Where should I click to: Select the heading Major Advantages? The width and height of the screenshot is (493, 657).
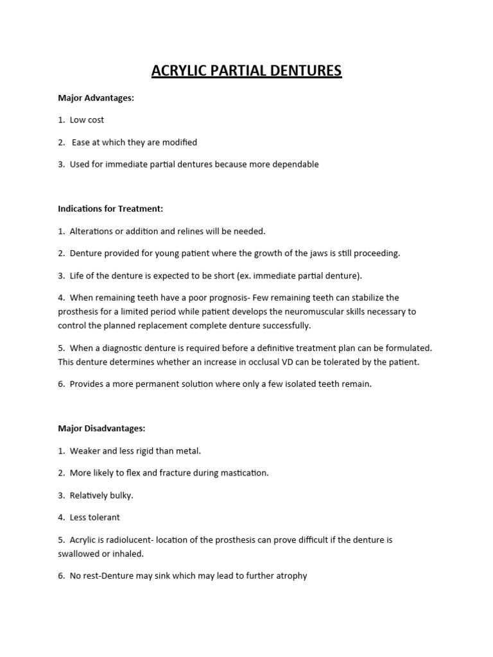[x=96, y=98]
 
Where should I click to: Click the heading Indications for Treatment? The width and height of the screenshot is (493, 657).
[x=110, y=209]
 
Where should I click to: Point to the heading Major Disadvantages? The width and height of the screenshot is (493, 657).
[x=101, y=428]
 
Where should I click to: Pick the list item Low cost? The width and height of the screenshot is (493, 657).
[x=87, y=120]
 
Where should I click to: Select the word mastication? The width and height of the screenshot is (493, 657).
[x=246, y=473]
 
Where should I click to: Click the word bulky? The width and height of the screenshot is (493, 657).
[x=121, y=495]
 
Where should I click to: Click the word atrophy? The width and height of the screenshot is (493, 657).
[x=291, y=576]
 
